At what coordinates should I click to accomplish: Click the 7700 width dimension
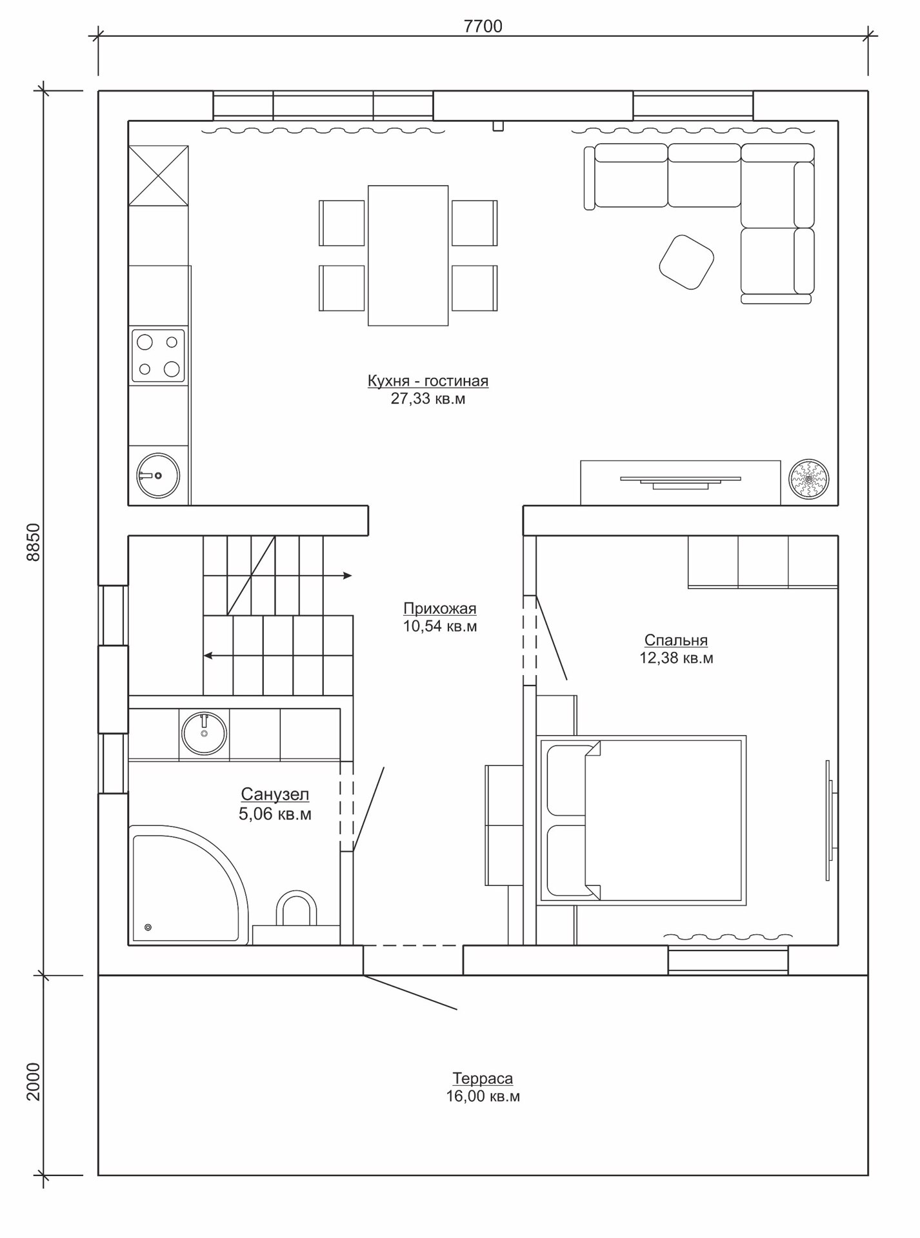[483, 26]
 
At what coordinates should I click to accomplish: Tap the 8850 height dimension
[33, 542]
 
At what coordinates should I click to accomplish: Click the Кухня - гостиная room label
[428, 381]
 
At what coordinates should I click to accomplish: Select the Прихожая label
[440, 609]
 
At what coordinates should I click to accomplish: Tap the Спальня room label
[676, 640]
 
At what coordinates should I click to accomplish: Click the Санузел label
[275, 794]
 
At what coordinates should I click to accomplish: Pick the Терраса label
[483, 1078]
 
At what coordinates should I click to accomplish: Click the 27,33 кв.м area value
[428, 398]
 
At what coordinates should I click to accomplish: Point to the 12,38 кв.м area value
[676, 658]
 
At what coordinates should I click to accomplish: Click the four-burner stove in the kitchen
[158, 355]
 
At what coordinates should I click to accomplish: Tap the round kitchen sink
[158, 476]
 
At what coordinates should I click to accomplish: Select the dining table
[408, 255]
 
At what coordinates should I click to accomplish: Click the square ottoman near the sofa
[686, 262]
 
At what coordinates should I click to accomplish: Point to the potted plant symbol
[810, 479]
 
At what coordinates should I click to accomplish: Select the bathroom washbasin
[205, 734]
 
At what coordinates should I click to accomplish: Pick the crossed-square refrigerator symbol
[158, 175]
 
